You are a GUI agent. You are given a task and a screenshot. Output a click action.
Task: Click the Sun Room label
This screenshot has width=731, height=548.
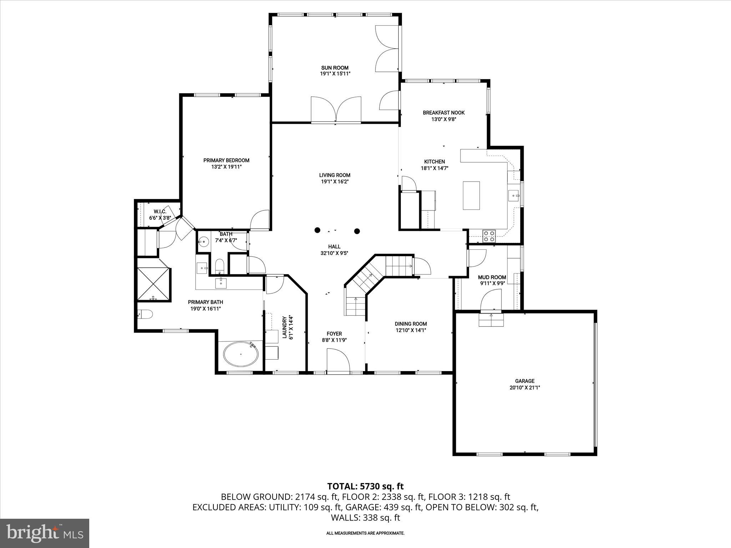pyautogui.click(x=334, y=68)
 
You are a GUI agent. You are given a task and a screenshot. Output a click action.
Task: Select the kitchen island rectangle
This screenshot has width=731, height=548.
pyautogui.click(x=471, y=196)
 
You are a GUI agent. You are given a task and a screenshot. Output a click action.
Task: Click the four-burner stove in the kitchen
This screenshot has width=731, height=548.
pyautogui.click(x=489, y=236)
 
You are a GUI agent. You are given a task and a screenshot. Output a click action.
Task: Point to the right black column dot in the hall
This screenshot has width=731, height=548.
pyautogui.click(x=357, y=231)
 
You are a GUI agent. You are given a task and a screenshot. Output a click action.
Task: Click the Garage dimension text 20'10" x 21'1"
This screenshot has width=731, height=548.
pyautogui.click(x=524, y=387)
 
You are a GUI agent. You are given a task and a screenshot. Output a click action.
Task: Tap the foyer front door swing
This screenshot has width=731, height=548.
pyautogui.click(x=338, y=361)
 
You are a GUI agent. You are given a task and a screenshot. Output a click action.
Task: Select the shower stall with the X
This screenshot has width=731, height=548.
pyautogui.click(x=153, y=284)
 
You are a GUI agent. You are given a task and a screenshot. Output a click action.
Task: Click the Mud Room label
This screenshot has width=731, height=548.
pyautogui.click(x=492, y=277)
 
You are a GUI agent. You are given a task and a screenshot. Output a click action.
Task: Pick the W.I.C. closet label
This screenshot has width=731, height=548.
pyautogui.click(x=160, y=212)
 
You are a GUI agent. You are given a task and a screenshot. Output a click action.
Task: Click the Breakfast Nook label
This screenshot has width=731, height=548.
pyautogui.click(x=444, y=113)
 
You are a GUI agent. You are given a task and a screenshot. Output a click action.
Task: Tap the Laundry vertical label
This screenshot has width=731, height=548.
pyautogui.click(x=284, y=327)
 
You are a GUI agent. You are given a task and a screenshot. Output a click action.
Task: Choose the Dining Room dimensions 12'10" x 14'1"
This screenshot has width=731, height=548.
pyautogui.click(x=410, y=330)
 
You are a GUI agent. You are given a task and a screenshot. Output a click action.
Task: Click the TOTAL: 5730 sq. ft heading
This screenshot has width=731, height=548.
pyautogui.click(x=365, y=486)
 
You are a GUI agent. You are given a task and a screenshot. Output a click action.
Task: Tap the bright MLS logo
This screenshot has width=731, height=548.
pyautogui.click(x=45, y=533)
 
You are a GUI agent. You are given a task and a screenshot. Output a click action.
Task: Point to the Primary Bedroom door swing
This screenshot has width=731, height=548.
pyautogui.click(x=259, y=220)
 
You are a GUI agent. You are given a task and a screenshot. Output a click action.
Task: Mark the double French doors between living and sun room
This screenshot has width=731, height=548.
pyautogui.click(x=336, y=110)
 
